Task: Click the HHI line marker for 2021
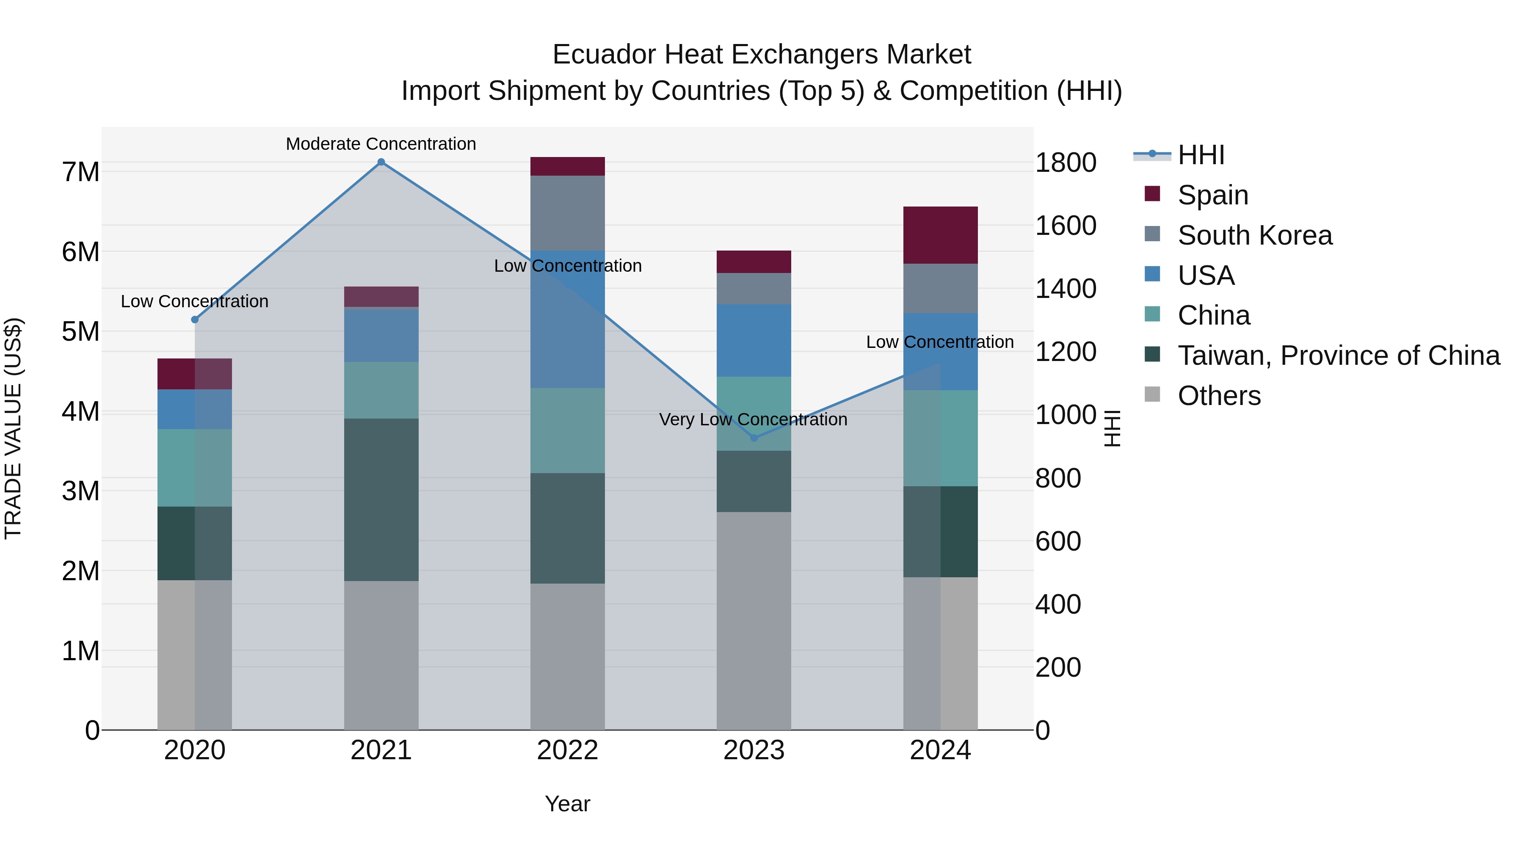click(x=381, y=162)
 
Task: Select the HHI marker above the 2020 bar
click(x=195, y=320)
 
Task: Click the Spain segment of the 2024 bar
click(x=940, y=235)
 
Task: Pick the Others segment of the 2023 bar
click(x=754, y=621)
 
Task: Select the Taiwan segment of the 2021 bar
click(x=381, y=500)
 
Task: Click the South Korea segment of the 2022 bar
click(x=567, y=213)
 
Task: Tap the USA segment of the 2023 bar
click(x=754, y=341)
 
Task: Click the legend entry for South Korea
click(x=1254, y=235)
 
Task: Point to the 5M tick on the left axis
click(x=81, y=332)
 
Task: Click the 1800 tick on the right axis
click(x=1066, y=163)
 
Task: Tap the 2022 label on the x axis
click(x=567, y=750)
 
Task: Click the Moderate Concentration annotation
click(x=381, y=144)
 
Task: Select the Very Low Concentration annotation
click(x=753, y=419)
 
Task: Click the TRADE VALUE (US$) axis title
click(x=13, y=428)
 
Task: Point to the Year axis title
click(x=567, y=804)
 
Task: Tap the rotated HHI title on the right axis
click(x=1112, y=428)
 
